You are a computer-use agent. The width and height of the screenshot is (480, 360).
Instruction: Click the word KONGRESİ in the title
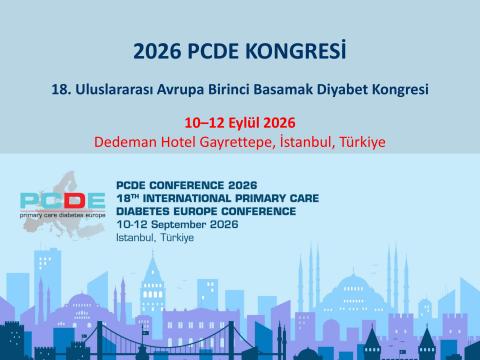[300, 50]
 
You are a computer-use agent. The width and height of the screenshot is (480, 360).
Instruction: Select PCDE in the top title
[219, 50]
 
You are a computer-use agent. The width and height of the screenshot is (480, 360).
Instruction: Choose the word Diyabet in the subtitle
[339, 89]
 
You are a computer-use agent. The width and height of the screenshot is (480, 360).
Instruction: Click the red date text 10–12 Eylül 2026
[239, 123]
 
